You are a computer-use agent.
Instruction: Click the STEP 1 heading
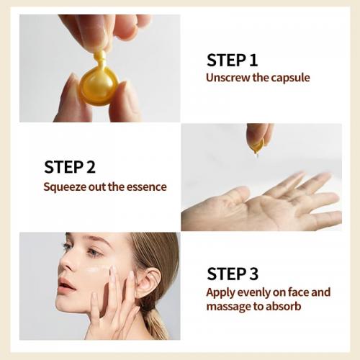pos(232,60)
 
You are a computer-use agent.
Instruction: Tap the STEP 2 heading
pos(69,167)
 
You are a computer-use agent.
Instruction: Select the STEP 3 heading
pos(232,273)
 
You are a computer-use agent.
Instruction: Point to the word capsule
pos(289,78)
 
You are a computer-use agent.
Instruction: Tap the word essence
pos(147,186)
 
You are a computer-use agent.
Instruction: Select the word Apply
pos(220,292)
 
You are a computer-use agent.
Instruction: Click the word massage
pos(228,307)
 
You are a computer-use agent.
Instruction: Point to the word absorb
pos(283,307)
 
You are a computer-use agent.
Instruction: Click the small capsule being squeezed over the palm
pos(256,146)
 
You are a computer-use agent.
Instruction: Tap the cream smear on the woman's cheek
pos(97,271)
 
